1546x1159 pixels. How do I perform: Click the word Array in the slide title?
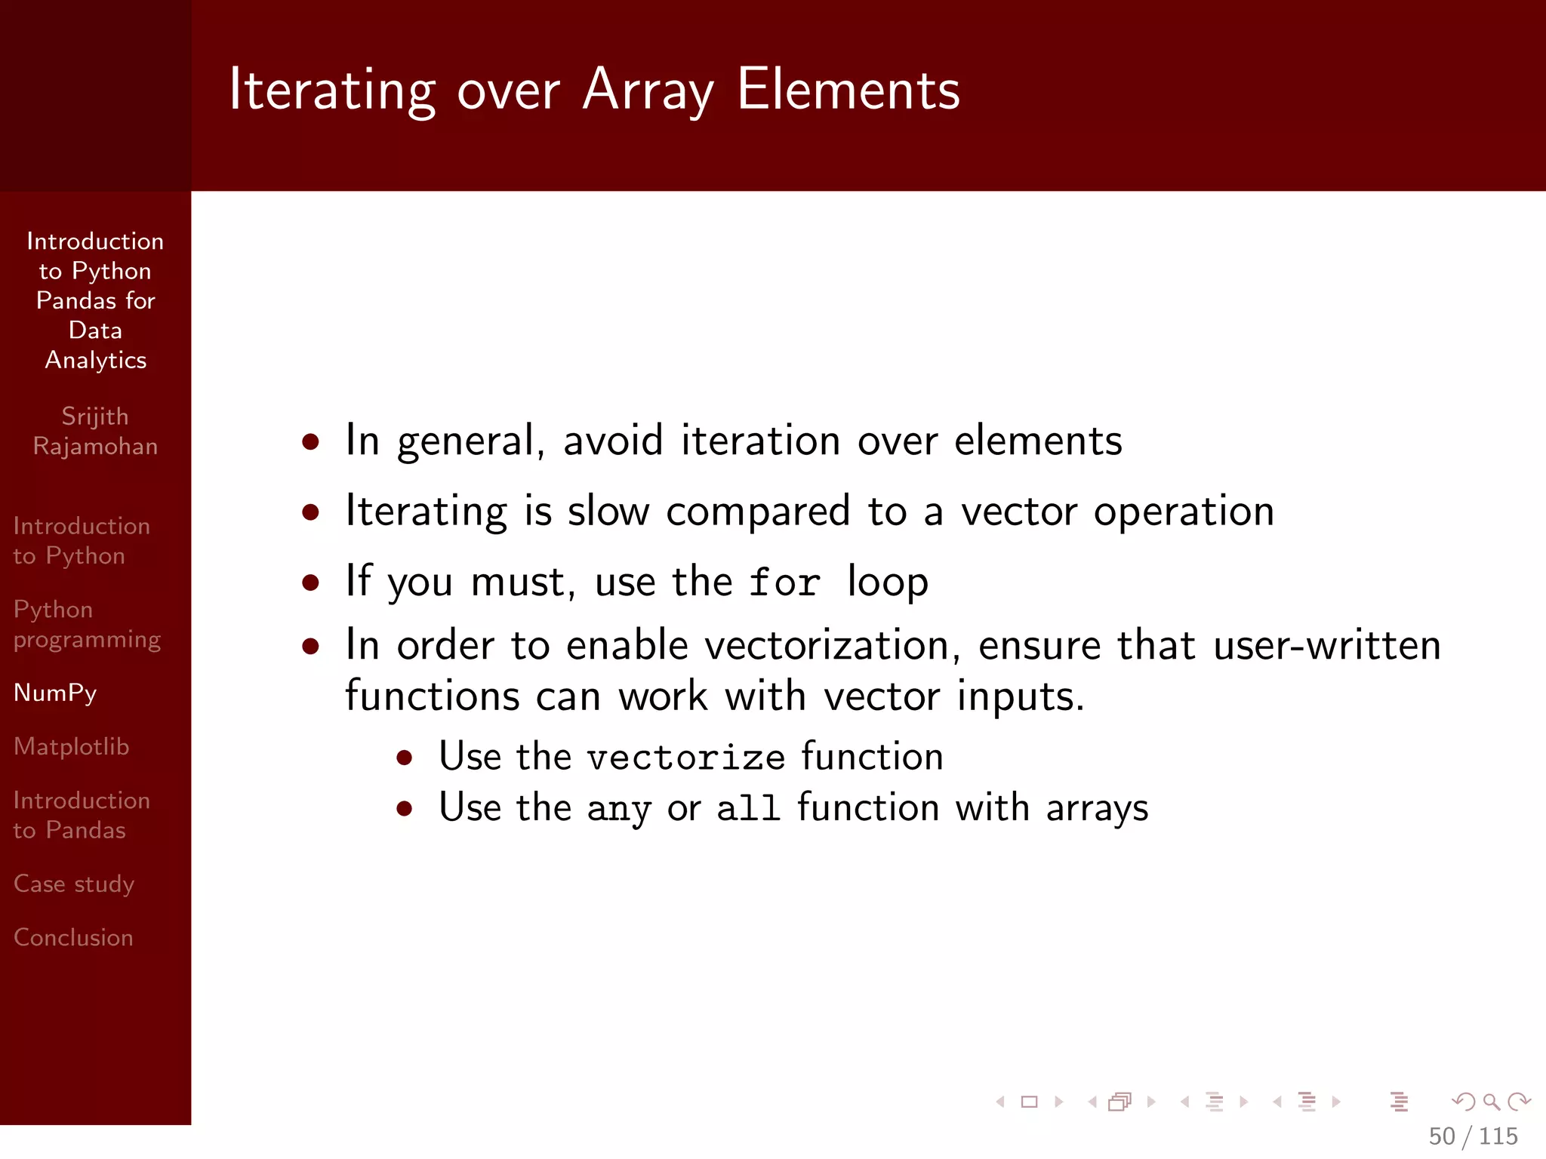(648, 91)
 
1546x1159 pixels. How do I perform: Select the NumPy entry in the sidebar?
(55, 693)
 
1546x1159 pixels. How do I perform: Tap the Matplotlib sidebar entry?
(72, 746)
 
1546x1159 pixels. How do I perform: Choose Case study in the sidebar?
(74, 884)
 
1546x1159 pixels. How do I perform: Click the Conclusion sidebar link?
(73, 937)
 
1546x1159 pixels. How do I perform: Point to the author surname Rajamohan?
(95, 446)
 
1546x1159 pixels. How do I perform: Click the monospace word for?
(784, 583)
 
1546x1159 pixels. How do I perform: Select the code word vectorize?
(686, 758)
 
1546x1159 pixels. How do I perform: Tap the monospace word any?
(618, 810)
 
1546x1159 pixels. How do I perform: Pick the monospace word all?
(747, 809)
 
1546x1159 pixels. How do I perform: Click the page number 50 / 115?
(1473, 1136)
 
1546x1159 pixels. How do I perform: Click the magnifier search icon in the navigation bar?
(1491, 1102)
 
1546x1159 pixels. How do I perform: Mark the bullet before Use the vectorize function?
(405, 758)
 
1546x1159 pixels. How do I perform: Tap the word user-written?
(1326, 645)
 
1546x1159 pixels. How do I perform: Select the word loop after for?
(888, 583)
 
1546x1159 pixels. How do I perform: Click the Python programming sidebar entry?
(87, 624)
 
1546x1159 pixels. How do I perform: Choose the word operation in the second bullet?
(1184, 512)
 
